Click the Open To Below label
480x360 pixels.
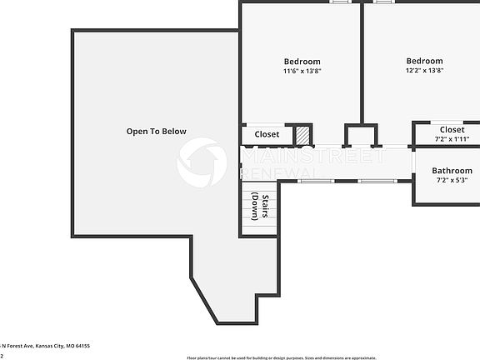pyautogui.click(x=156, y=132)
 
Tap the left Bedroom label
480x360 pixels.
pyautogui.click(x=302, y=62)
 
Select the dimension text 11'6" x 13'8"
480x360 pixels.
pyautogui.click(x=302, y=72)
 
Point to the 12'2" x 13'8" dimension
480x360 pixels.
pyautogui.click(x=424, y=71)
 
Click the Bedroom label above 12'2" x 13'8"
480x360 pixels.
pyautogui.click(x=424, y=61)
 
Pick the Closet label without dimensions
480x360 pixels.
pyautogui.click(x=267, y=134)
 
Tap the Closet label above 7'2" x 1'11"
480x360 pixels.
pyautogui.click(x=452, y=130)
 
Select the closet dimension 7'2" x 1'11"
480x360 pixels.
pyautogui.click(x=452, y=139)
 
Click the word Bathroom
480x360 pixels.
pyautogui.click(x=452, y=171)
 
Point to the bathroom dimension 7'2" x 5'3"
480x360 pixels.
pyautogui.click(x=452, y=180)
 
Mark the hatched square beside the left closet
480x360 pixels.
pyautogui.click(x=302, y=134)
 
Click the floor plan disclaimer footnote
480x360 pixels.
pyautogui.click(x=281, y=357)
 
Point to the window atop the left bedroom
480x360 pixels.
pyautogui.click(x=339, y=2)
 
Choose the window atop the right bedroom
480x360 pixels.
pyautogui.click(x=384, y=2)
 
